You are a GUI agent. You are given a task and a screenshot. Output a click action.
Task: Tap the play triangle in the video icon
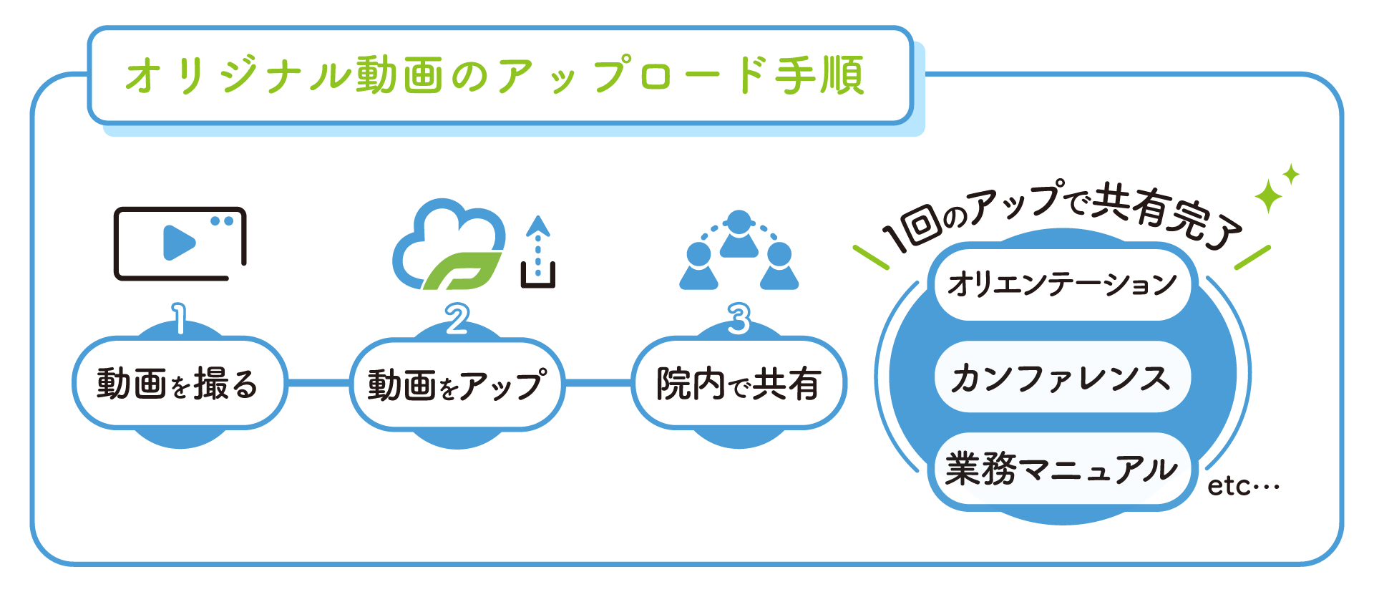point(178,243)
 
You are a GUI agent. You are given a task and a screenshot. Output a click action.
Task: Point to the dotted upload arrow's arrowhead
point(537,226)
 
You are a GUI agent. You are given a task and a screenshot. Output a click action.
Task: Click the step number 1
point(179,319)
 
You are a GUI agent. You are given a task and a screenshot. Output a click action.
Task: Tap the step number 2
point(457,319)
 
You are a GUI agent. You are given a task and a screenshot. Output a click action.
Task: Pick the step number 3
point(739,319)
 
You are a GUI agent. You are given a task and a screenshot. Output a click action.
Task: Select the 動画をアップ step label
point(457,384)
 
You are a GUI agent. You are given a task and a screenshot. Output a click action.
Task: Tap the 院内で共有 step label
point(739,383)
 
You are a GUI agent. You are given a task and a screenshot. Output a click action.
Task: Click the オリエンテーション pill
point(1062,283)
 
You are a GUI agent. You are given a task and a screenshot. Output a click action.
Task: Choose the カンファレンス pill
point(1062,377)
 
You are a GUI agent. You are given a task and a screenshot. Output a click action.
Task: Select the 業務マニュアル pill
point(1062,470)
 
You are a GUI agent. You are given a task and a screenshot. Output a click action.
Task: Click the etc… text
point(1243,486)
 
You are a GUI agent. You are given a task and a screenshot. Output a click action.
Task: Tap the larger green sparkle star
point(1268,195)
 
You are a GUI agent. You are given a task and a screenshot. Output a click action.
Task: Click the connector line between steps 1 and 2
point(318,383)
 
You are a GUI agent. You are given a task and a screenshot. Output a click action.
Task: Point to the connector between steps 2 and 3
point(598,383)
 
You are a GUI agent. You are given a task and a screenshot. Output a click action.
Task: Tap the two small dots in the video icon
point(222,221)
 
